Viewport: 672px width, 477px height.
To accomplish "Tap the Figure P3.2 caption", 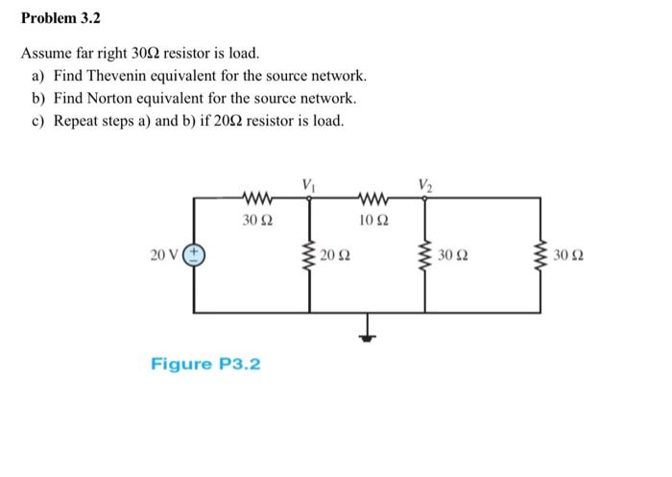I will point(205,364).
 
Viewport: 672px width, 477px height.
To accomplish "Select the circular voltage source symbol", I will point(195,254).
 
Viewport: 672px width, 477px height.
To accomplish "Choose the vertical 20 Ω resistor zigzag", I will point(309,255).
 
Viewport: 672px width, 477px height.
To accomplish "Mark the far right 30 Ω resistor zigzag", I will point(539,255).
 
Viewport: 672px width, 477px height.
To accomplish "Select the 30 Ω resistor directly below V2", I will point(423,255).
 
